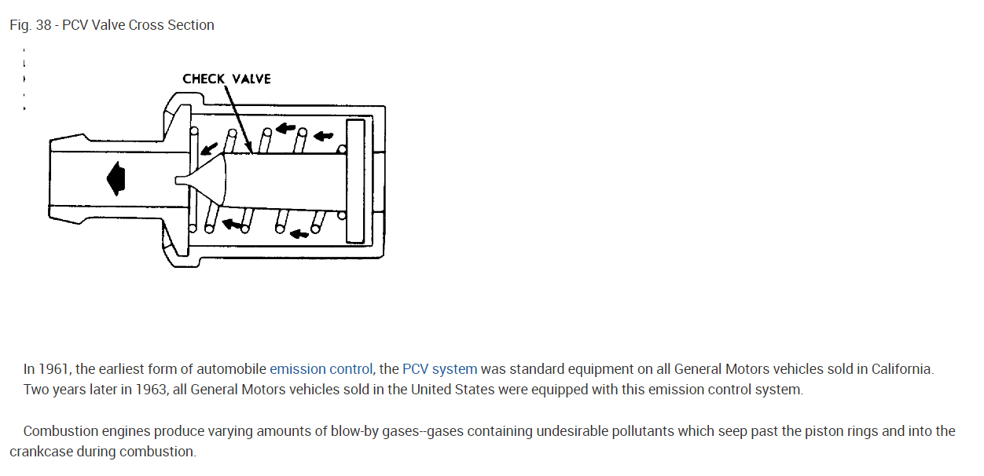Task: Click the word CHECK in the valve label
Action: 204,79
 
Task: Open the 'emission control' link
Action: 321,368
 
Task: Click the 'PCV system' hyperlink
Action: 439,368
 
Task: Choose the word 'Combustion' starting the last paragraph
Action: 59,431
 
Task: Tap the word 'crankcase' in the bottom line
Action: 40,452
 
